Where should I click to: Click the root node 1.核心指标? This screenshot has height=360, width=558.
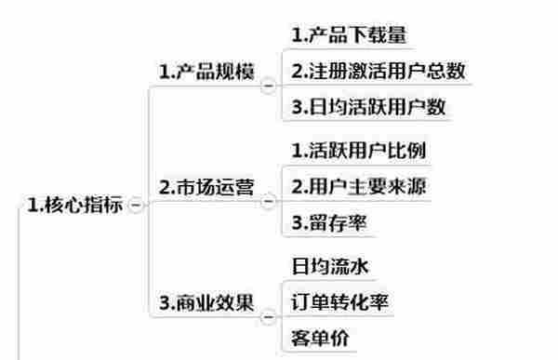click(75, 206)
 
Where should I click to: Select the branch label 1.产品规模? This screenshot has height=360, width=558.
click(206, 73)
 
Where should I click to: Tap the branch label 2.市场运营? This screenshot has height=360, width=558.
click(206, 188)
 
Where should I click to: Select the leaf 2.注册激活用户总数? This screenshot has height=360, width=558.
click(378, 72)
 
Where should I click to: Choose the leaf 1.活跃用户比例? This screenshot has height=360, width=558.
click(358, 151)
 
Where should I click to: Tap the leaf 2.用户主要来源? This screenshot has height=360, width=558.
click(358, 186)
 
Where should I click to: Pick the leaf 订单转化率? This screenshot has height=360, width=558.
click(339, 302)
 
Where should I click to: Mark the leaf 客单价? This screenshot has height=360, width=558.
click(320, 338)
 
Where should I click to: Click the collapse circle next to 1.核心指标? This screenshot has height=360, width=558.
click(137, 206)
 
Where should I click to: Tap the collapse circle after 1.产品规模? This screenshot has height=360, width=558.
click(270, 87)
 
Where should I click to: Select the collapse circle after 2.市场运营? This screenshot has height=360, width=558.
click(270, 201)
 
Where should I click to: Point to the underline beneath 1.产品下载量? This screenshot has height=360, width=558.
click(348, 50)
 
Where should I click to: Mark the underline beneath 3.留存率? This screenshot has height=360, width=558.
click(335, 237)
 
